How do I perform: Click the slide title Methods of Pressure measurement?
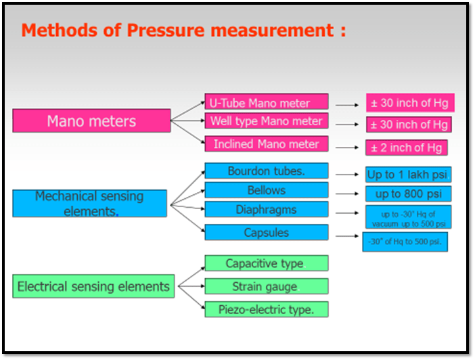pos(183,30)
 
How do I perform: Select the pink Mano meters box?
pos(91,121)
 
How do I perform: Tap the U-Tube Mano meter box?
pos(266,103)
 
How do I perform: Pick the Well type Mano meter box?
pos(266,122)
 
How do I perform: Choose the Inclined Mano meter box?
pos(266,144)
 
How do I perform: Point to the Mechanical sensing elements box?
pos(89,203)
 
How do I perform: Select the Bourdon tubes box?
pos(266,171)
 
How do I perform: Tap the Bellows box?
pos(266,190)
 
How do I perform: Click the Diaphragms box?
pos(266,210)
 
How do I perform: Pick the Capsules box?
pos(266,232)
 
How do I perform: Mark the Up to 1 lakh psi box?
pos(408,175)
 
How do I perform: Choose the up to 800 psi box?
pos(408,194)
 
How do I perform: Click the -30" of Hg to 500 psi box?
pos(405,242)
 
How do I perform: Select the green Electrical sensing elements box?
pos(93,286)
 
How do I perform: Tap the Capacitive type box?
pos(266,263)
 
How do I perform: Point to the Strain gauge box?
pos(266,286)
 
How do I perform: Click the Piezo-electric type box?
pos(266,309)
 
